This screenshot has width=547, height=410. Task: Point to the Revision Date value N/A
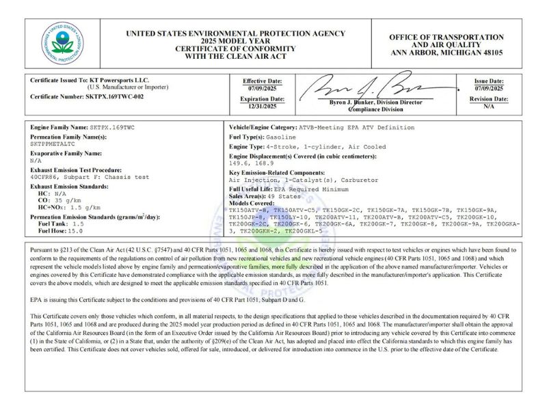pyautogui.click(x=489, y=107)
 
